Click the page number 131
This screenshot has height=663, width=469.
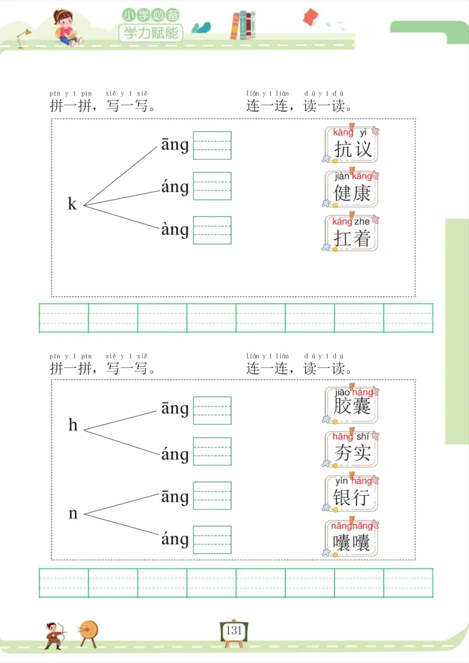(x=233, y=631)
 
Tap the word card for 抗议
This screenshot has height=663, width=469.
(x=352, y=144)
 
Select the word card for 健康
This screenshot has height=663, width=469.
(x=352, y=189)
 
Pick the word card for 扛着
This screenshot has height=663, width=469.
(x=352, y=233)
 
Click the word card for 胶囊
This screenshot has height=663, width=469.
(x=352, y=405)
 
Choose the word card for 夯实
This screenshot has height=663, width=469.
(x=352, y=449)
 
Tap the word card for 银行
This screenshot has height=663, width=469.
(x=352, y=493)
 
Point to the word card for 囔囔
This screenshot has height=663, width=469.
(x=352, y=537)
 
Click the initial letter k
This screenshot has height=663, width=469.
(x=73, y=204)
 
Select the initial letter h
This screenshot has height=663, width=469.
(x=73, y=425)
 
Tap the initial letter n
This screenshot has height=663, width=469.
(x=73, y=514)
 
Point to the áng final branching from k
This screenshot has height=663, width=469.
(x=175, y=187)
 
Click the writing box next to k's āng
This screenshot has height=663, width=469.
(x=212, y=145)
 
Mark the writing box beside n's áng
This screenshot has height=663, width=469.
(x=212, y=539)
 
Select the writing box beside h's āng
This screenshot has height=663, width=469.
(x=212, y=410)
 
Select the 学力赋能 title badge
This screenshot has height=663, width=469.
(x=151, y=33)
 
